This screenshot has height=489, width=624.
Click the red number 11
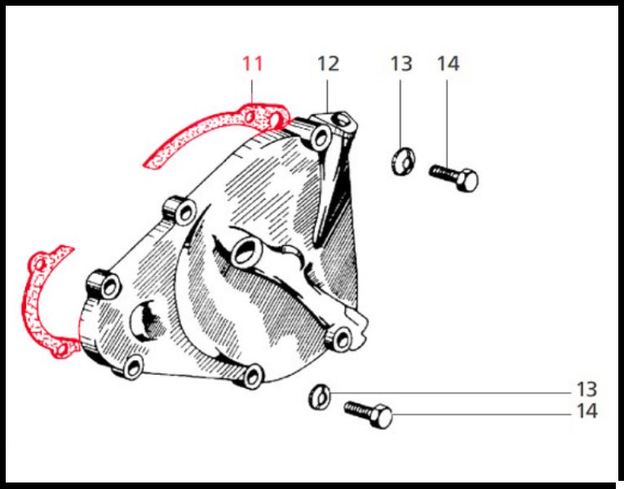tap(253, 64)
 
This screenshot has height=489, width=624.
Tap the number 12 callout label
tap(328, 64)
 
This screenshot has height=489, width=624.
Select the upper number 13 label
tap(401, 64)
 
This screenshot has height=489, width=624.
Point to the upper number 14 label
tap(448, 64)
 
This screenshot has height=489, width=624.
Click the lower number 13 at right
tap(587, 390)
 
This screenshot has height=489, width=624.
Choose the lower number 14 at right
tap(587, 411)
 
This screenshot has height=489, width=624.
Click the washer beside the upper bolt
tap(403, 161)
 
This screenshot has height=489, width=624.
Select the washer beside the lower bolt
tap(320, 396)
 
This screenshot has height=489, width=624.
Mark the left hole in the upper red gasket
tap(250, 117)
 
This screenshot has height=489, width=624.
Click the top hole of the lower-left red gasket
tap(41, 264)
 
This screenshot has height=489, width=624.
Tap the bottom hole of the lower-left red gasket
tap(61, 350)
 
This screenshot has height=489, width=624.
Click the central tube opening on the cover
tap(246, 253)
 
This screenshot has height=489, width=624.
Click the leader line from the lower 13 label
tap(450, 393)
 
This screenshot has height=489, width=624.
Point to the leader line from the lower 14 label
tap(481, 415)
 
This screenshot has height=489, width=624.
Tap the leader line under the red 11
tap(252, 92)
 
